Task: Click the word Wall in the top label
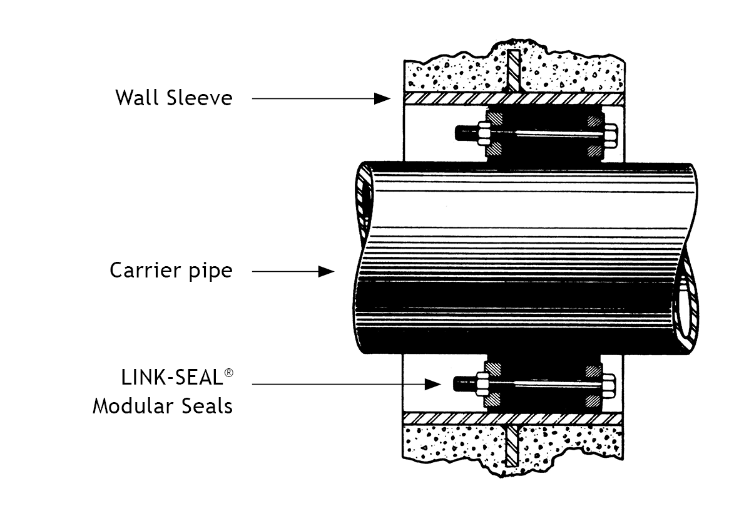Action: coord(135,98)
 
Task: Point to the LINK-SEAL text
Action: coord(171,378)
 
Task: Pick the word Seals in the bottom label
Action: coord(208,406)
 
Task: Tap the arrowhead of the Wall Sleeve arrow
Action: coord(382,98)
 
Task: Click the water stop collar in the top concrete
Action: coord(514,68)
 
